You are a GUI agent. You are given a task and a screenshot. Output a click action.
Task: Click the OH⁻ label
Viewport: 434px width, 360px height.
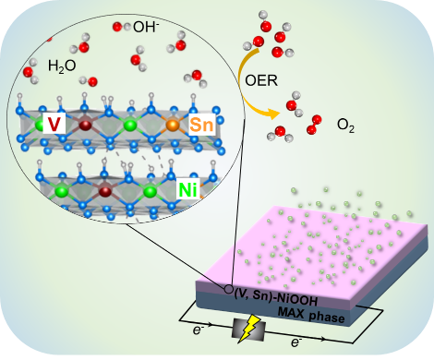tap(146, 27)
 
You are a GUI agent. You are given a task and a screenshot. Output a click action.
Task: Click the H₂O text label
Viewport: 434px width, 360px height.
tap(62, 66)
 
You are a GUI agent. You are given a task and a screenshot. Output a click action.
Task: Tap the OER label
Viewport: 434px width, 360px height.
tap(261, 80)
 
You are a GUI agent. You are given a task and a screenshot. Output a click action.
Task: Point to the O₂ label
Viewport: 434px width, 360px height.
tap(345, 126)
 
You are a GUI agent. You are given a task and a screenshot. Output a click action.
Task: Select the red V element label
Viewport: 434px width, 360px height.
tap(54, 123)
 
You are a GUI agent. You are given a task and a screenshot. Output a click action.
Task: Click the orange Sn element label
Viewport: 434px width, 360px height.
tap(201, 125)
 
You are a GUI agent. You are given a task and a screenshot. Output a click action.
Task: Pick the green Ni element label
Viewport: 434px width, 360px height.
tap(187, 188)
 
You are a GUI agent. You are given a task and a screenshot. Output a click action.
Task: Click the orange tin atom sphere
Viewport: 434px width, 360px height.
tap(173, 125)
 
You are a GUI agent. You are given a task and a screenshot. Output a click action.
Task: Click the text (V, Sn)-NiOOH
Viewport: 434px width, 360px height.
tap(276, 297)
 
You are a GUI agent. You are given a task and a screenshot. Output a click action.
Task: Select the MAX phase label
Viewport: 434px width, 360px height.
tap(311, 315)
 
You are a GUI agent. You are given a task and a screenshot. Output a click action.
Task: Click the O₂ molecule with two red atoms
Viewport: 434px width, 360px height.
tap(314, 125)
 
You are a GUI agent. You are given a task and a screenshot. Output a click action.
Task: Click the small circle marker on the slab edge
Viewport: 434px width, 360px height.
tap(228, 289)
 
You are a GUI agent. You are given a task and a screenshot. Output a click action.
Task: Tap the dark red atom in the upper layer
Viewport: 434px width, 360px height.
tap(85, 126)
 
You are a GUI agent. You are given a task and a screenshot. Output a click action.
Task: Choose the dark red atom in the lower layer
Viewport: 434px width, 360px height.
tap(105, 191)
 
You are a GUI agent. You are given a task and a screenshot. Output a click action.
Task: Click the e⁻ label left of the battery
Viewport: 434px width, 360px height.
tap(199, 330)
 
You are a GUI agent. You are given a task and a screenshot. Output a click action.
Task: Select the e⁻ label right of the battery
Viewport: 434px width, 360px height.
tap(296, 342)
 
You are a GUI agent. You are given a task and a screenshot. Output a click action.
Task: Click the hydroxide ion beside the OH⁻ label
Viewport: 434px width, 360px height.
tap(122, 27)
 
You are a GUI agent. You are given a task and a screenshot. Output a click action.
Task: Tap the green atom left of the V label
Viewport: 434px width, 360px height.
tap(40, 125)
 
